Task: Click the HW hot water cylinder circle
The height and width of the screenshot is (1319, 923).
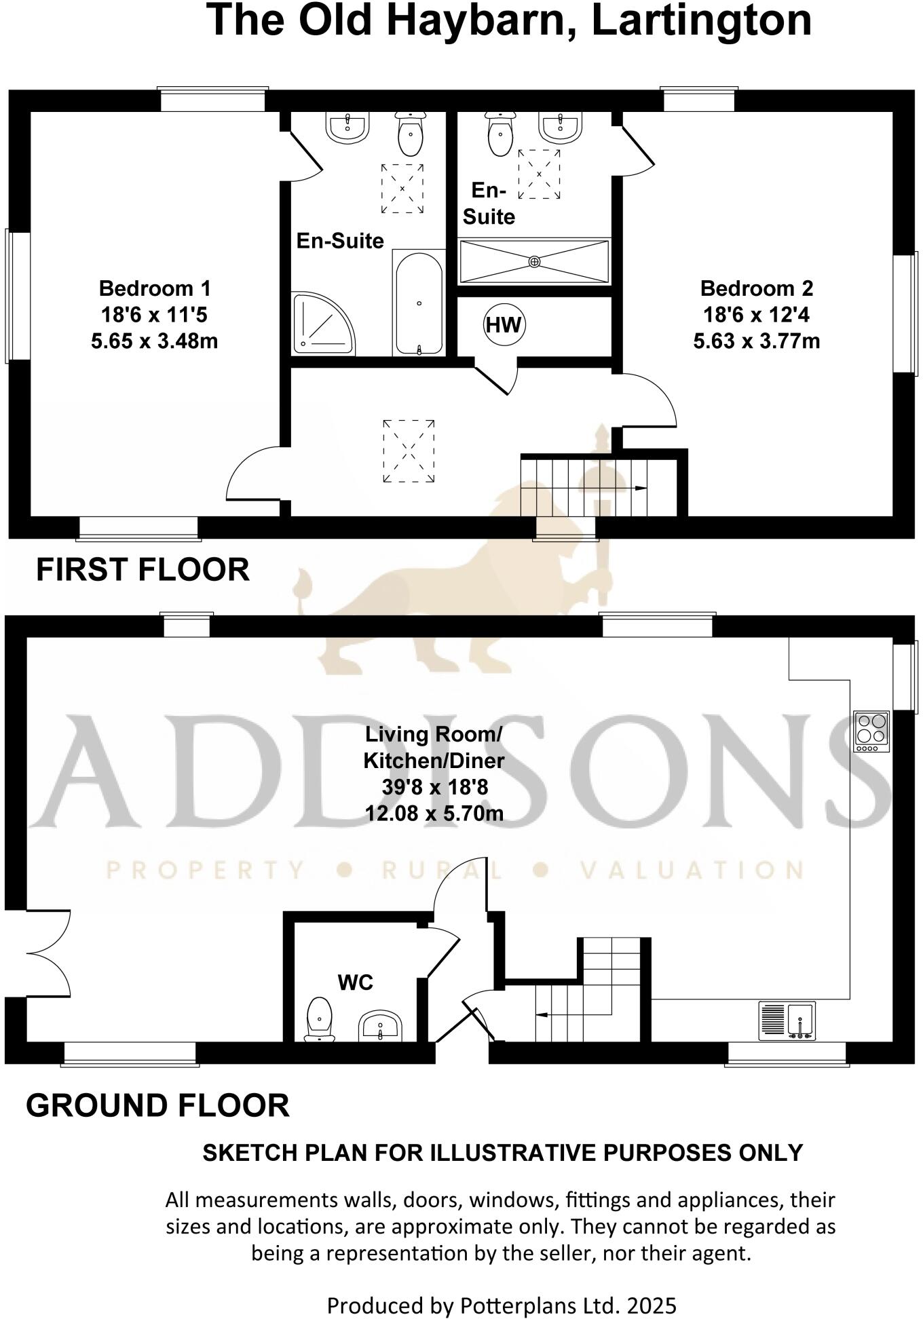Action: (504, 325)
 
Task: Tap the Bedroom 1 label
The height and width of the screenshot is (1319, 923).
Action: (155, 288)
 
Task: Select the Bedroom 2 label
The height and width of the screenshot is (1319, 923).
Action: (756, 288)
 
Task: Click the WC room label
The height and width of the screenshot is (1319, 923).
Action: (356, 982)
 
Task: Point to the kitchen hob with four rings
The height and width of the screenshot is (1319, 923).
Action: (871, 731)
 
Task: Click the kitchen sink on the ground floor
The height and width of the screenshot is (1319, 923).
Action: (787, 1021)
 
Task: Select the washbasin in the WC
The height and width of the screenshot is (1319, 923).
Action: (380, 1025)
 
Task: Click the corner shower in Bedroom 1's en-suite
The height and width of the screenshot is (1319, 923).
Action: (322, 324)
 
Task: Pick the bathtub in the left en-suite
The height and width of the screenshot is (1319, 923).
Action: (419, 303)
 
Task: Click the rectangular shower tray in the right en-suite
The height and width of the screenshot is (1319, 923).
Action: (535, 261)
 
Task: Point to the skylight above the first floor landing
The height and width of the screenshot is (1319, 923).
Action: (409, 451)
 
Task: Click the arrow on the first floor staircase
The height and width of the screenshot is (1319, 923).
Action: (638, 488)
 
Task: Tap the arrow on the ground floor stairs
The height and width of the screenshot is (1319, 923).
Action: (543, 1015)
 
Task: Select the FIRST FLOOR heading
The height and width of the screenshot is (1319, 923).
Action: (143, 569)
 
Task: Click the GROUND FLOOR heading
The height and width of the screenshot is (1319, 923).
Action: (157, 1105)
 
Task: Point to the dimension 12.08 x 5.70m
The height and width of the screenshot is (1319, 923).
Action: (434, 812)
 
